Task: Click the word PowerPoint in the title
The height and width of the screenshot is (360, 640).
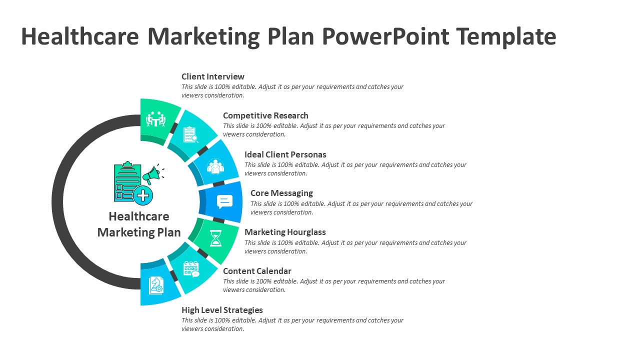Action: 385,36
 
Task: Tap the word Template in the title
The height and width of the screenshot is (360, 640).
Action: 506,36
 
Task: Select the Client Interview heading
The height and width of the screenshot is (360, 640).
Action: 213,76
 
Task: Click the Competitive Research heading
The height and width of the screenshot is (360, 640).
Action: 265,115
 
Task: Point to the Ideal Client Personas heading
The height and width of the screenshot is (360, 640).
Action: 285,154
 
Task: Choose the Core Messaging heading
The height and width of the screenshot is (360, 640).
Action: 281,193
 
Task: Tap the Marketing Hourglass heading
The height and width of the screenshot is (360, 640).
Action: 285,232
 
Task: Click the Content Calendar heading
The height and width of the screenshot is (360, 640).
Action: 257,271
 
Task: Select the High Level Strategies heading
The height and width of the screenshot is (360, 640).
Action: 222,310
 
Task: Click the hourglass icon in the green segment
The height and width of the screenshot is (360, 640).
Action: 215,238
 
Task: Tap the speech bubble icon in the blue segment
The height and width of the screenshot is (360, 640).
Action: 224,201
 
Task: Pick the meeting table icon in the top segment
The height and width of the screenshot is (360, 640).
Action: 155,119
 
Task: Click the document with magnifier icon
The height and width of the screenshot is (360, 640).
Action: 190,134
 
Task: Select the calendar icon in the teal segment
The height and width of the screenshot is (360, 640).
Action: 191,269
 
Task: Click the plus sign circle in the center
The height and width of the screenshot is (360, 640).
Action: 143,195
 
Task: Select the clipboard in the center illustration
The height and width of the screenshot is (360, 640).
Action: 127,181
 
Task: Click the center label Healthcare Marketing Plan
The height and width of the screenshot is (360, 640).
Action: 139,224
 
